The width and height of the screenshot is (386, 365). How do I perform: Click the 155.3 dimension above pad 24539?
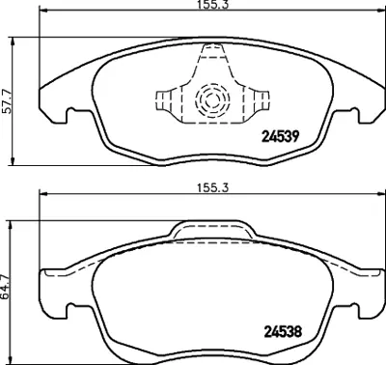204,6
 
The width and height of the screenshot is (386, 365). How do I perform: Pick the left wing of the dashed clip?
168,102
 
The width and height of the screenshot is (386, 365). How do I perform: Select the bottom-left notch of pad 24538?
69,311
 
